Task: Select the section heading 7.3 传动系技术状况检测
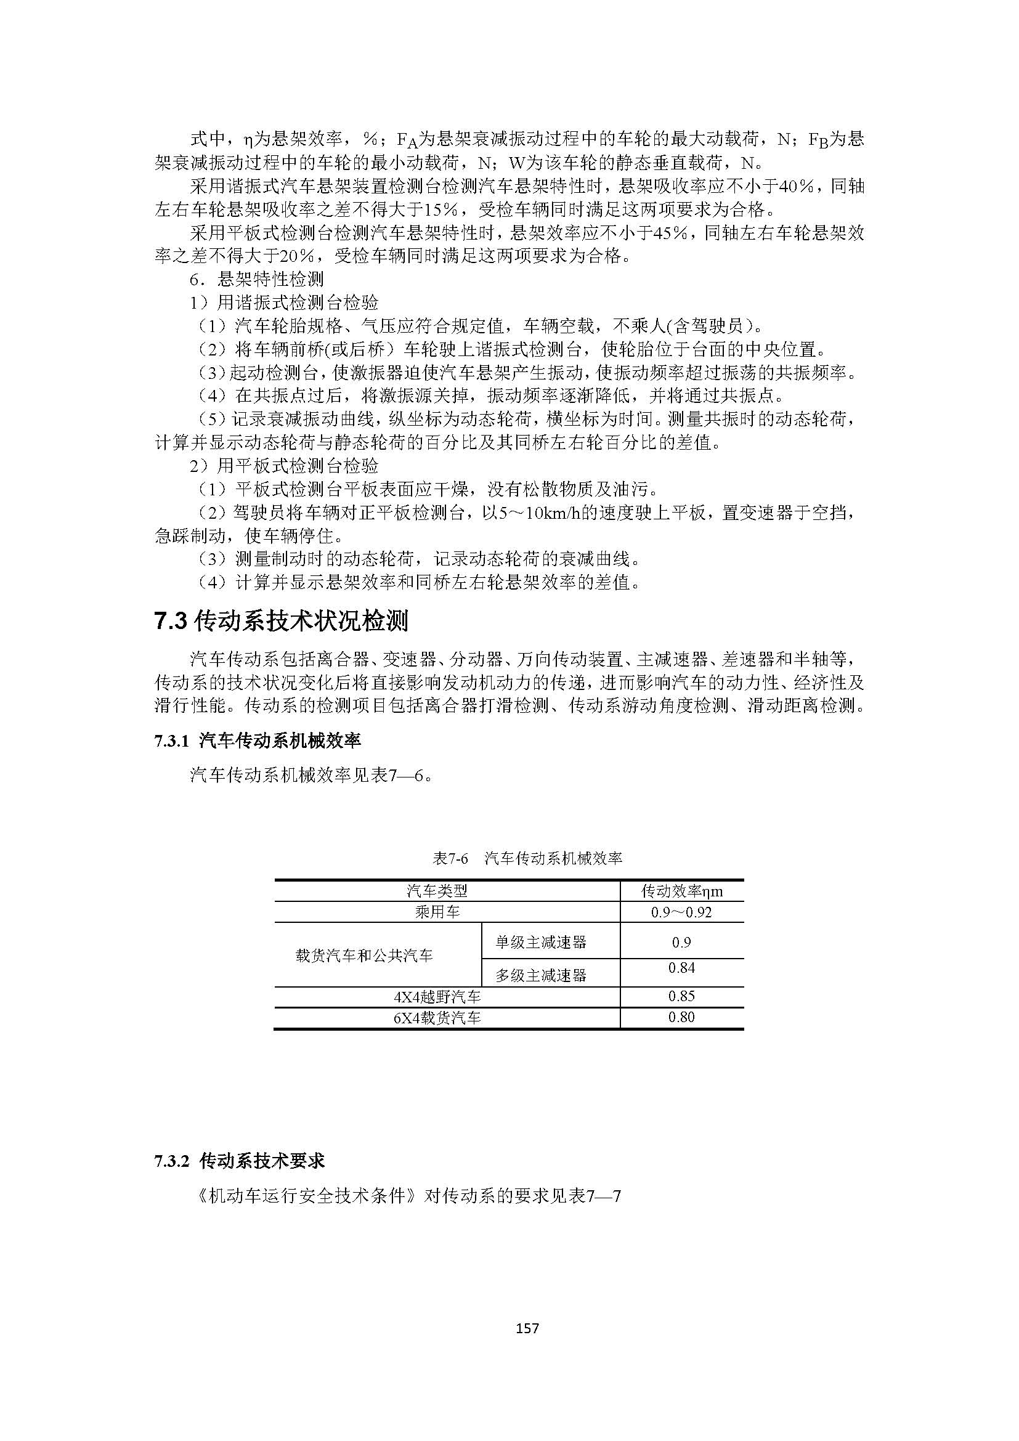(281, 621)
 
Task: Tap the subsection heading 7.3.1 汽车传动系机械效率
(258, 741)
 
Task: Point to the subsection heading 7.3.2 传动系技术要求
(240, 1161)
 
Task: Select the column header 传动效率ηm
(681, 892)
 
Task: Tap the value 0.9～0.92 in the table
(681, 912)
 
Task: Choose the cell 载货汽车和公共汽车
(364, 956)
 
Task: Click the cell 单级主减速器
(541, 942)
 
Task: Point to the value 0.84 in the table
(681, 968)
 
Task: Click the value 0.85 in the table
(681, 996)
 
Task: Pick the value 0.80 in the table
(681, 1017)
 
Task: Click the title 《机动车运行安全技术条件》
(307, 1196)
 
